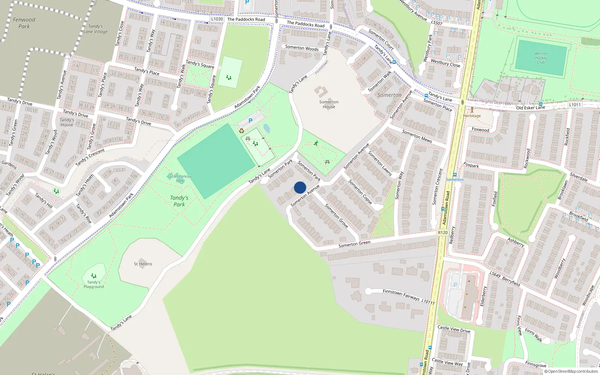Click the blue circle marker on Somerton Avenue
point(300,187)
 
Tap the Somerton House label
point(329,104)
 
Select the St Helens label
point(143,264)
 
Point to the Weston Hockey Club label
point(541,58)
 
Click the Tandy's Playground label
point(93,284)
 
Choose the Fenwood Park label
point(24,23)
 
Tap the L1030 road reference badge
point(217,19)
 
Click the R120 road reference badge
point(442,232)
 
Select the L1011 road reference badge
point(574,105)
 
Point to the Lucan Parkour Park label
point(180,178)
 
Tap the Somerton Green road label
point(354,244)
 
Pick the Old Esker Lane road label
point(530,108)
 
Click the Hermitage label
point(472,115)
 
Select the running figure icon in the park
point(316,143)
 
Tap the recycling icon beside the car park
point(241,131)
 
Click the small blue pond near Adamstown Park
point(267,128)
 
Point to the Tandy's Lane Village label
point(95,29)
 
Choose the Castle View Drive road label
point(454,329)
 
